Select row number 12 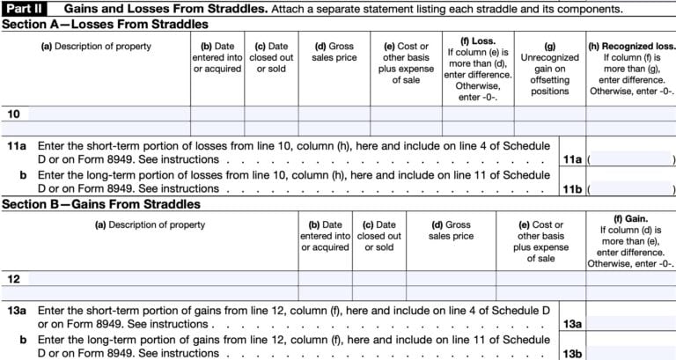pyautogui.click(x=13, y=278)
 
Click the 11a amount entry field pyautogui.click(x=630, y=159)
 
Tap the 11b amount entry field pyautogui.click(x=630, y=188)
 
